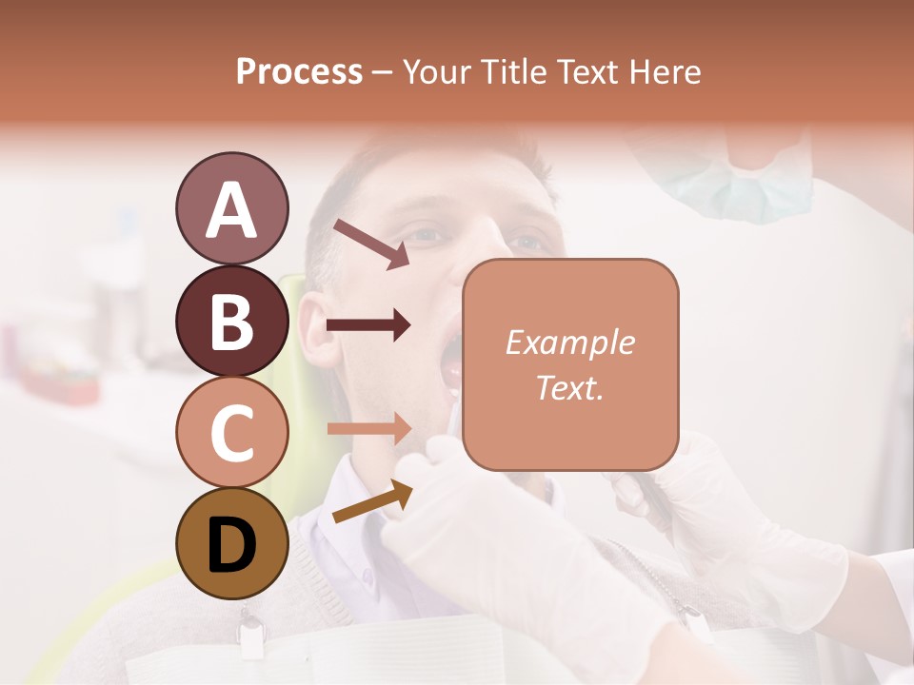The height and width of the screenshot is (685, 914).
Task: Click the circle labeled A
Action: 231,208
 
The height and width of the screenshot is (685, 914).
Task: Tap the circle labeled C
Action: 231,432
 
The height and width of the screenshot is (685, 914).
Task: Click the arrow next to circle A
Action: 370,244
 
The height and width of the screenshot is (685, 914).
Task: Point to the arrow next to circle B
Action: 368,326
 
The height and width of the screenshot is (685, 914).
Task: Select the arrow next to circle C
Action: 368,428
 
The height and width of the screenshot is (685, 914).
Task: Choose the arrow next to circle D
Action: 372,501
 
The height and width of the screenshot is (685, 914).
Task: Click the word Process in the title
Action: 299,71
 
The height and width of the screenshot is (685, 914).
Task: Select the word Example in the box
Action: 569,342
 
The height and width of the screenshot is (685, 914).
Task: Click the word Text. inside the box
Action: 569,387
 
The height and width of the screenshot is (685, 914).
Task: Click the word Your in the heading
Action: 437,71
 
